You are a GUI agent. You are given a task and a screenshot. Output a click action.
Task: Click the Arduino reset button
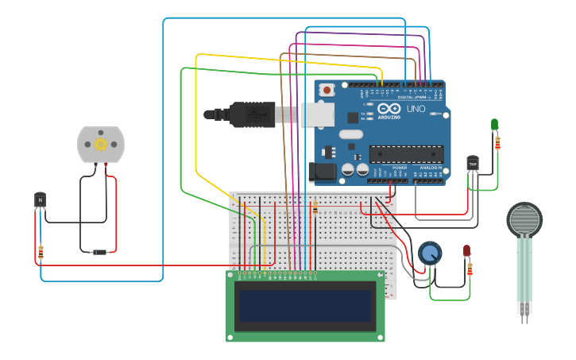pos(326,91)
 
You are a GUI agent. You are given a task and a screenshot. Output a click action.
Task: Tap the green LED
pos(494,124)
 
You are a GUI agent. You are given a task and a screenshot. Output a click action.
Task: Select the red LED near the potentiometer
pos(466,251)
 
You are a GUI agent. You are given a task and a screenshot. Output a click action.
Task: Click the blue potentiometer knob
pos(430,254)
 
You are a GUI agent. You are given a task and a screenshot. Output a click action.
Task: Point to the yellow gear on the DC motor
pos(101,144)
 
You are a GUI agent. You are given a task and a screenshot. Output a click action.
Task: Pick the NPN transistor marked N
pos(40,199)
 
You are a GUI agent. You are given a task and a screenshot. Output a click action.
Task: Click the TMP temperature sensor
pos(473,164)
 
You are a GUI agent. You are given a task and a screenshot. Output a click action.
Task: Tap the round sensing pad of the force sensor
pos(524,220)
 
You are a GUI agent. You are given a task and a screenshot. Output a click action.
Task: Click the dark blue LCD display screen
pos(304,306)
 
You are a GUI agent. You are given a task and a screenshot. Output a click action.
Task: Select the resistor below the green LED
pos(497,143)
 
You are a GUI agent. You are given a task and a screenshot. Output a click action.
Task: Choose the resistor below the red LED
pos(470,270)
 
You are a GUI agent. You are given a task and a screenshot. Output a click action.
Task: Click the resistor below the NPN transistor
pos(41,252)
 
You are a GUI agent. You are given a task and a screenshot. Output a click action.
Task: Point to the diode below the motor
pos(99,252)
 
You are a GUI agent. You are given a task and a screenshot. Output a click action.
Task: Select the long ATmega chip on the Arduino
pos(406,153)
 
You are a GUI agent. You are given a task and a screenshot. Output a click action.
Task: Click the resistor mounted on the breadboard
pos(315,208)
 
